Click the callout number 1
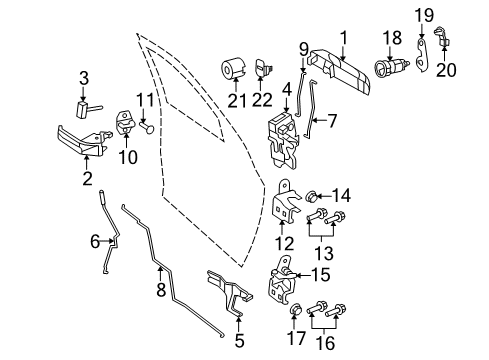[343, 37]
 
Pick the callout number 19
[424, 15]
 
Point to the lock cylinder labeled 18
[385, 75]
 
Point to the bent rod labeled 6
[109, 250]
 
